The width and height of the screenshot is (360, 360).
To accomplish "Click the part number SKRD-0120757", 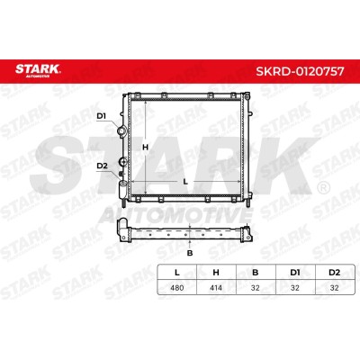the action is point(300,71).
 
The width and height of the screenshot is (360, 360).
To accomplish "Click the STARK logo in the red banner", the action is point(38,70).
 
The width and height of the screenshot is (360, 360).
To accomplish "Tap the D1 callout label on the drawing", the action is point(102,116).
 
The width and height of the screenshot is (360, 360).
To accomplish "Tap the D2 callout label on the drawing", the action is point(102,166).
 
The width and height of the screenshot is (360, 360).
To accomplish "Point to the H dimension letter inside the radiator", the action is point(145,148).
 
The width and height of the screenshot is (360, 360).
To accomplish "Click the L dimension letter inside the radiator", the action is point(185,182).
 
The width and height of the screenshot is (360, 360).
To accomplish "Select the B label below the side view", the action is point(190,253).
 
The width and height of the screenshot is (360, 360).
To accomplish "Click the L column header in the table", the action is point(177,273).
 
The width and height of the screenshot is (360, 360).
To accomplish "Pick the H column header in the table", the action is point(216,273).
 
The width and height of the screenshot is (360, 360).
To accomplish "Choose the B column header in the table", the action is point(256,273).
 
